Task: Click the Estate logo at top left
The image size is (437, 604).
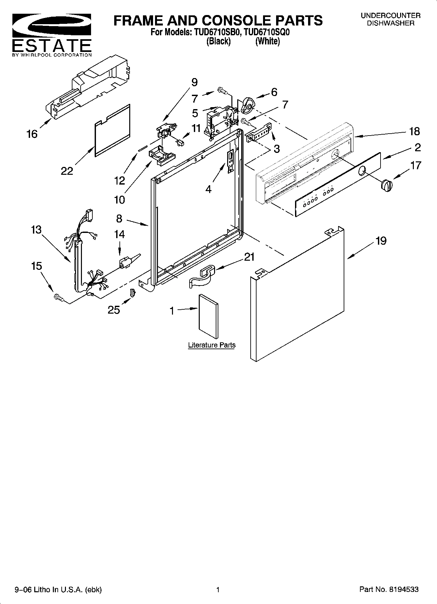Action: [52, 35]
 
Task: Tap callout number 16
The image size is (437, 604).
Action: [32, 134]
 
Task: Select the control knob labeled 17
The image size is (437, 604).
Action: [386, 185]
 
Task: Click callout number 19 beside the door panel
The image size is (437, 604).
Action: [381, 241]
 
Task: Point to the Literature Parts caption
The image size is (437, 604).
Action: [211, 345]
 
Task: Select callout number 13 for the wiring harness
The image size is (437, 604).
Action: [36, 230]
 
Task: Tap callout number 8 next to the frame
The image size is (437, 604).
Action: [119, 218]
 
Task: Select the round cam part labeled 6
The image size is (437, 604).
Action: [248, 105]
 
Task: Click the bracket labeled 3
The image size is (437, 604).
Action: [259, 133]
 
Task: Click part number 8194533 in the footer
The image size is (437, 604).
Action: [403, 589]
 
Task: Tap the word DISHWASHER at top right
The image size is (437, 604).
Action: [391, 23]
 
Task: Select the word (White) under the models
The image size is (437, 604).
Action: [268, 41]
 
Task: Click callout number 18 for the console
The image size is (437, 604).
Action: [414, 131]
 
